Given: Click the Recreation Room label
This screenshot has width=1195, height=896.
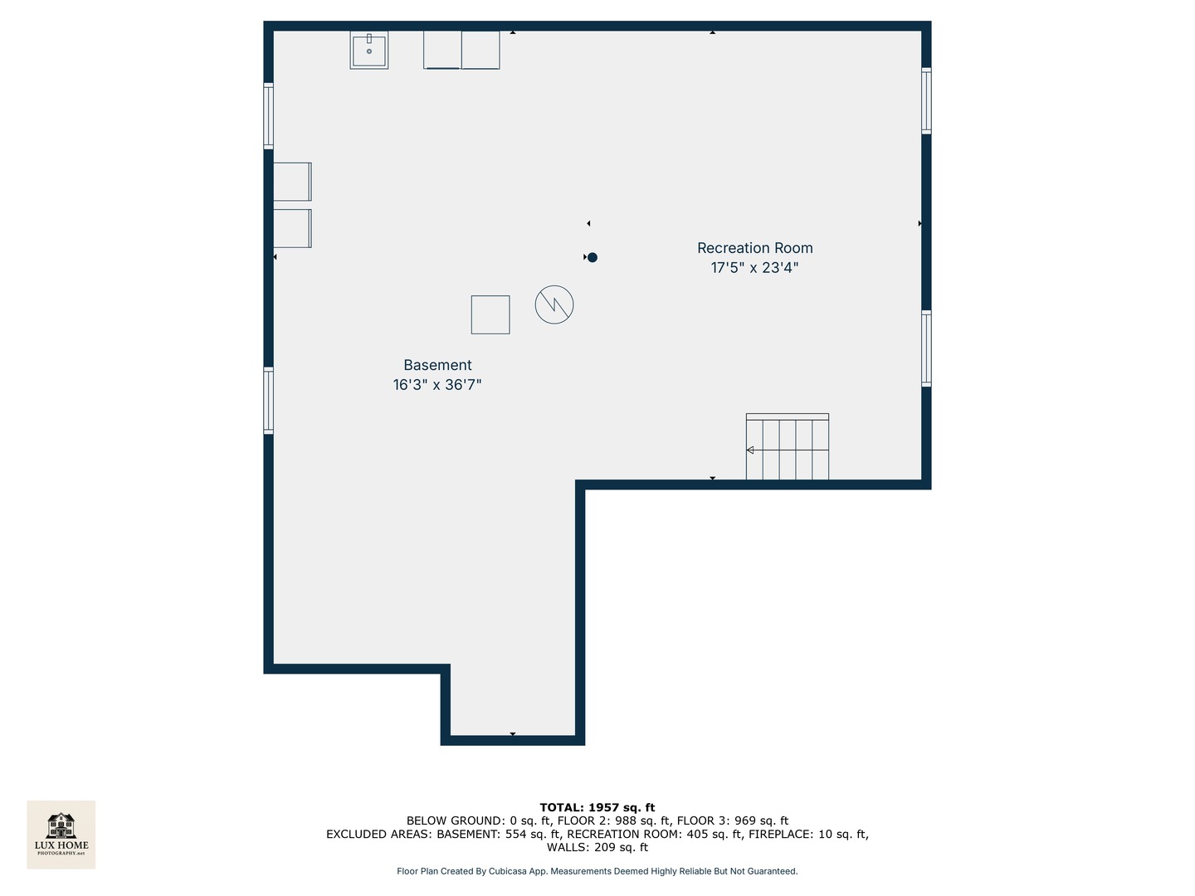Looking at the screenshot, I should click(754, 248).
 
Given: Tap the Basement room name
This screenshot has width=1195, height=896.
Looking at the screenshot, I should click(437, 365).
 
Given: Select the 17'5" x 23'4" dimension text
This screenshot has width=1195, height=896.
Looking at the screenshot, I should click(754, 268).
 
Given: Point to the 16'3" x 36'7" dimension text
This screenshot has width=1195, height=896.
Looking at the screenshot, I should click(437, 385).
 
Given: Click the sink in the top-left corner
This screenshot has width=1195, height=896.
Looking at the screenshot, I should click(369, 50).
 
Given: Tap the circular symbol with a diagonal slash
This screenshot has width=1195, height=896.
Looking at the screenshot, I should click(554, 304).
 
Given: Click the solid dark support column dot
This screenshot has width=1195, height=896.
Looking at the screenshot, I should click(593, 257).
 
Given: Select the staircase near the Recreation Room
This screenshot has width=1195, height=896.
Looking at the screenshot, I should click(787, 448).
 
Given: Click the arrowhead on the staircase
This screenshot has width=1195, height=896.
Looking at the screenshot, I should click(750, 450).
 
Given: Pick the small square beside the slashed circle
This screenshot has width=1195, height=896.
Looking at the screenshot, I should click(490, 314).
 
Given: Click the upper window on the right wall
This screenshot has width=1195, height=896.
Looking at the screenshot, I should click(926, 100).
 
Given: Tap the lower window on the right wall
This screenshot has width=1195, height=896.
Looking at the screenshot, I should click(926, 348).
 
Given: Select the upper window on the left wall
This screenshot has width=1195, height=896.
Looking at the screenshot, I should click(268, 115).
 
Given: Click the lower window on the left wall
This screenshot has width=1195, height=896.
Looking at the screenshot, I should click(268, 401).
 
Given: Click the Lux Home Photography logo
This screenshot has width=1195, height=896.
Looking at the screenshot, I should click(61, 834).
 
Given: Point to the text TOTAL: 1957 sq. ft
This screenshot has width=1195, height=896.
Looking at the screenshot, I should click(597, 807).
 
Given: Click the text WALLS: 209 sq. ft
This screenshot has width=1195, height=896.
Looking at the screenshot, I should click(597, 847).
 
